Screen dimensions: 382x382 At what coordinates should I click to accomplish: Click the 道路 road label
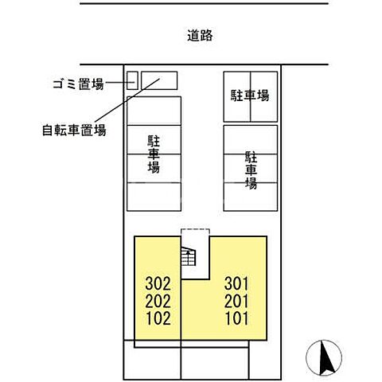pos(201,36)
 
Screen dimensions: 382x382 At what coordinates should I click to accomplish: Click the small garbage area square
pos(133,80)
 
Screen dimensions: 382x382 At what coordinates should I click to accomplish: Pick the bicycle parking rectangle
pos(160,80)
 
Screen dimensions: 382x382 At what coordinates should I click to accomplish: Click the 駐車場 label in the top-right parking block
pos(250,95)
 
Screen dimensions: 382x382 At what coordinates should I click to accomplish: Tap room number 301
pos(237,283)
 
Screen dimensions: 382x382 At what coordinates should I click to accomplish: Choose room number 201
pos(237,302)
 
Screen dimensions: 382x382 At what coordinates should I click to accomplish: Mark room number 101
pos(237,320)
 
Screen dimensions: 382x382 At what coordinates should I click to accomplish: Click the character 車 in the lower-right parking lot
pos(251,170)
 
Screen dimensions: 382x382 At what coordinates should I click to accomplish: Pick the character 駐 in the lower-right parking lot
pos(251,155)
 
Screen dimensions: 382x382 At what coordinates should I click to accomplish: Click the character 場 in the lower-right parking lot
pos(251,184)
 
